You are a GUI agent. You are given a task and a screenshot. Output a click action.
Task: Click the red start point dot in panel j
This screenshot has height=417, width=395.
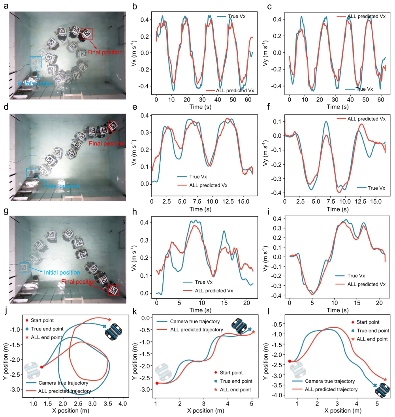click(41, 367)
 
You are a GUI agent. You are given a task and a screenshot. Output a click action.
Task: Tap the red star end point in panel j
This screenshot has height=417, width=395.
click(109, 320)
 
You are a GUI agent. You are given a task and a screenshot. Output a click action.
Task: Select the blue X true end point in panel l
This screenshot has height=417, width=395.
click(375, 385)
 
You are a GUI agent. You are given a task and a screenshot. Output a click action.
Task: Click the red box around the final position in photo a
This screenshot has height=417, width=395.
click(87, 34)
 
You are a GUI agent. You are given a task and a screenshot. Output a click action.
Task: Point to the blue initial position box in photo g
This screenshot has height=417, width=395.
click(24, 267)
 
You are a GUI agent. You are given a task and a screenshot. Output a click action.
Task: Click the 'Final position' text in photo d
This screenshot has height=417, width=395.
click(106, 144)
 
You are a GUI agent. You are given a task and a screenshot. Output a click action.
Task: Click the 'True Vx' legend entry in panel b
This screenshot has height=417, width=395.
click(231, 17)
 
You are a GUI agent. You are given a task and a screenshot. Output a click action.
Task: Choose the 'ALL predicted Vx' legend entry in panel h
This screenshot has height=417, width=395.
click(208, 291)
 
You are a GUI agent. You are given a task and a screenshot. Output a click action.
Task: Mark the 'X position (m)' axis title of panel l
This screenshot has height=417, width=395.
click(343, 411)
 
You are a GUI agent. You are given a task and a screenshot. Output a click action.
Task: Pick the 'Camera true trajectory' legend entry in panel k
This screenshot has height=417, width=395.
click(188, 322)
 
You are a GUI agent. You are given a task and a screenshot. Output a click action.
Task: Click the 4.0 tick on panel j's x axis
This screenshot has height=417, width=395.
click(122, 404)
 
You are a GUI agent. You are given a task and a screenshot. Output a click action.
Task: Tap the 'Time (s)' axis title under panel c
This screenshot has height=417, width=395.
click(337, 107)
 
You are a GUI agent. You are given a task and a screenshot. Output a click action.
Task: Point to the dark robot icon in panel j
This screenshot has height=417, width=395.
click(113, 332)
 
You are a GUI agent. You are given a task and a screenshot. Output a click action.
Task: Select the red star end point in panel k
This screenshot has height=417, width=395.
click(253, 332)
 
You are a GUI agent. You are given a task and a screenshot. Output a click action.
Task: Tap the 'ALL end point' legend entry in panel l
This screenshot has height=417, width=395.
click(370, 339)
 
